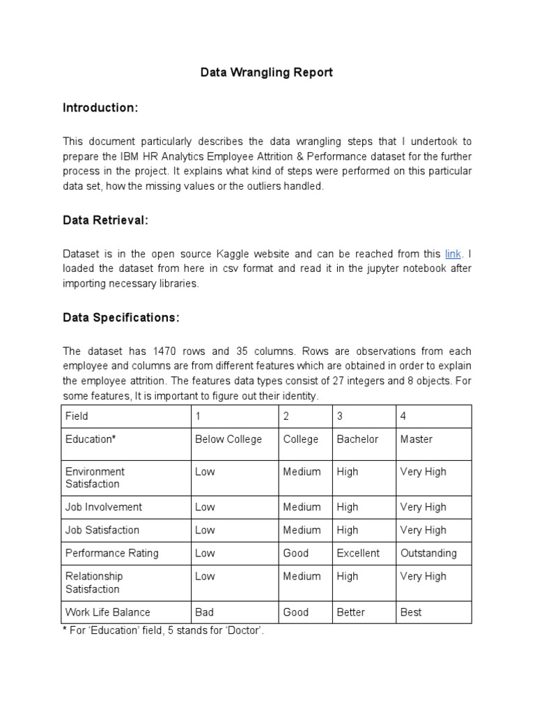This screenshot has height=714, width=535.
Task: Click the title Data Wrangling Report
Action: pyautogui.click(x=267, y=73)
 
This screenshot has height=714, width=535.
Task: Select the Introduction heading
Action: pyautogui.click(x=100, y=108)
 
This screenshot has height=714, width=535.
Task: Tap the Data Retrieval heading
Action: pyautogui.click(x=105, y=220)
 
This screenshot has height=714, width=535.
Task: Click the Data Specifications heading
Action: pyautogui.click(x=121, y=317)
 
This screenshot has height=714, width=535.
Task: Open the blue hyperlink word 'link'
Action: pyautogui.click(x=453, y=254)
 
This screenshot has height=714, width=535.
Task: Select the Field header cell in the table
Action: pyautogui.click(x=77, y=416)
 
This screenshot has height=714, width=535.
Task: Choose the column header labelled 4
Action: pyautogui.click(x=403, y=416)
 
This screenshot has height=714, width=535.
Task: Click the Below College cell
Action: pyautogui.click(x=228, y=439)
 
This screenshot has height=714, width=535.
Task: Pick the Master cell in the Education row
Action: pyautogui.click(x=417, y=439)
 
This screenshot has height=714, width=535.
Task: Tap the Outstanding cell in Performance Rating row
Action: pyautogui.click(x=428, y=553)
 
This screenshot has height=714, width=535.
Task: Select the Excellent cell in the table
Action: pyautogui.click(x=358, y=553)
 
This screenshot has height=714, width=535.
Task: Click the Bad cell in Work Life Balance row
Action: pyautogui.click(x=205, y=612)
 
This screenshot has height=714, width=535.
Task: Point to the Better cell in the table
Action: pyautogui.click(x=350, y=612)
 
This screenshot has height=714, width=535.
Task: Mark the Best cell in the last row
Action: pyautogui.click(x=411, y=612)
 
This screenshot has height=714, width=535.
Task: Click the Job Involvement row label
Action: pyautogui.click(x=104, y=507)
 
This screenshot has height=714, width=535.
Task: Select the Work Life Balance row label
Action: pyautogui.click(x=107, y=612)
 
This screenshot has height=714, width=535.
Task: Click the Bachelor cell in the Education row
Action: pyautogui.click(x=357, y=439)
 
